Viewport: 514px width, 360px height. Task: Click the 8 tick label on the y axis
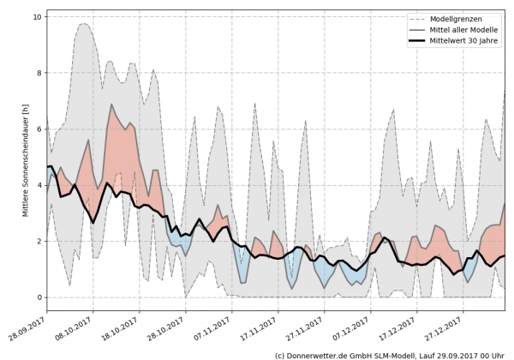pos(39,73)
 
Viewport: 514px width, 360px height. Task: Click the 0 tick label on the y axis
pos(39,297)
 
